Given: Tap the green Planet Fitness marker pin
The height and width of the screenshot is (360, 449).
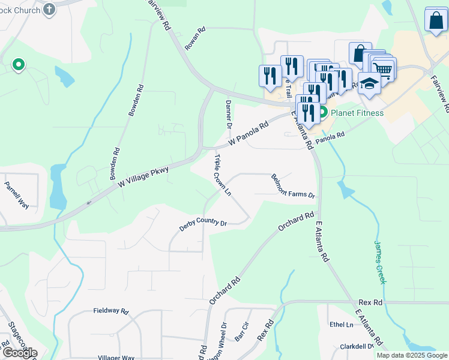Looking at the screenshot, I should [x=322, y=112].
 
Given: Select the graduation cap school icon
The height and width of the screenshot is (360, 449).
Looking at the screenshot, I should [x=369, y=84].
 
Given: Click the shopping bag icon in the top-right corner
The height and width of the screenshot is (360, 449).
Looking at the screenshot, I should [x=435, y=20].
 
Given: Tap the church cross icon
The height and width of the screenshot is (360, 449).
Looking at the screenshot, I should [x=50, y=9].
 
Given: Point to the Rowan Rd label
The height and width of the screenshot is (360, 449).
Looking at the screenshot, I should [x=196, y=38].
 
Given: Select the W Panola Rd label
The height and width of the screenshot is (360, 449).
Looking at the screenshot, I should [x=249, y=136].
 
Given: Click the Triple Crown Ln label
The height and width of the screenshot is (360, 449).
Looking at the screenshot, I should [x=222, y=174].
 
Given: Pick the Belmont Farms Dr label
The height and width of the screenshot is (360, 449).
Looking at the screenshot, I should [x=293, y=186].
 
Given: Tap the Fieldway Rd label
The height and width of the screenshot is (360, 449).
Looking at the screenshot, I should [x=111, y=311].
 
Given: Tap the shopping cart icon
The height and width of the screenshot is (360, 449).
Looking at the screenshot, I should [x=383, y=69].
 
